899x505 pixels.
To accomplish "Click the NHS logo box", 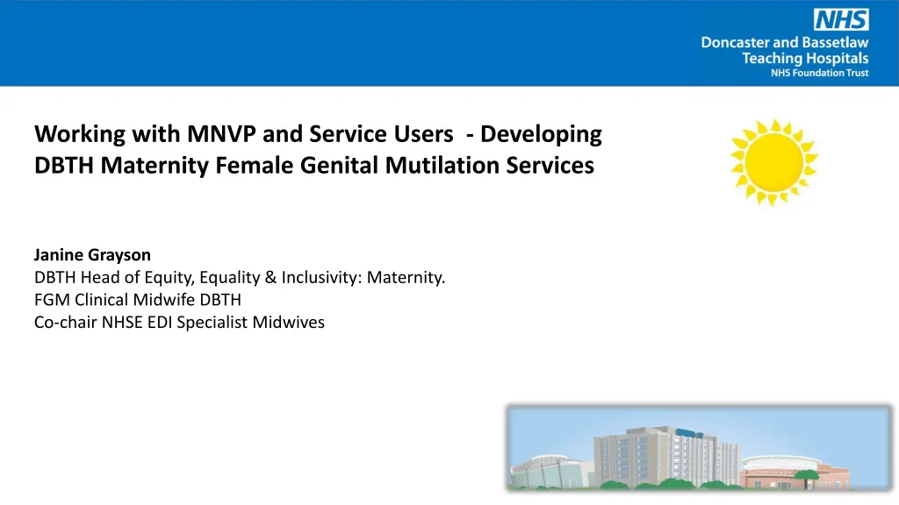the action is pyautogui.click(x=841, y=19).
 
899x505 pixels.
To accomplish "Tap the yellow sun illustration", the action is pyautogui.click(x=774, y=162).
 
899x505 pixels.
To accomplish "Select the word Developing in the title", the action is pyautogui.click(x=541, y=135).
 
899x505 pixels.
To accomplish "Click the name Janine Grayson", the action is pyautogui.click(x=92, y=255).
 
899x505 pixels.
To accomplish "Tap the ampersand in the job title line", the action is pyautogui.click(x=270, y=278).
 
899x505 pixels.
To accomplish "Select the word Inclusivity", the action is pyautogui.click(x=321, y=278).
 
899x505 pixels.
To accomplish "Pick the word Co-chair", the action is pyautogui.click(x=65, y=323).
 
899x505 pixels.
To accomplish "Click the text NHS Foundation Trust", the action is pyautogui.click(x=819, y=73).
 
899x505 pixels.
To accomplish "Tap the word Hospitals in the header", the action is pyautogui.click(x=837, y=59).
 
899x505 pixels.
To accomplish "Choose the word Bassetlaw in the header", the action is pyautogui.click(x=835, y=42).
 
